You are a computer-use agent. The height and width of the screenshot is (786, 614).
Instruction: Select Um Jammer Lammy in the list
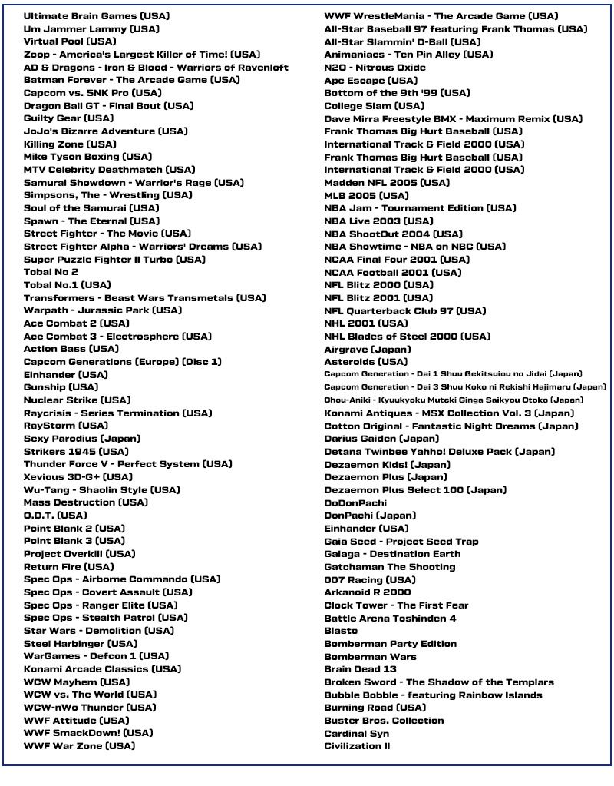click(x=91, y=29)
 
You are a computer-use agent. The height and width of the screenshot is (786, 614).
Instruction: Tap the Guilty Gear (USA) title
click(x=68, y=118)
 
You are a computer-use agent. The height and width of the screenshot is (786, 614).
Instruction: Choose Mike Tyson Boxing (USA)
click(x=87, y=157)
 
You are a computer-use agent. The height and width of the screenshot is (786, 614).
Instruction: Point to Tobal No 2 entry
click(x=51, y=272)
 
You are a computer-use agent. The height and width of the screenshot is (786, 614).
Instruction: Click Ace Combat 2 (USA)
click(x=76, y=323)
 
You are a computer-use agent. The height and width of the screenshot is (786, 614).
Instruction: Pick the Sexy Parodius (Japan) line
click(x=81, y=439)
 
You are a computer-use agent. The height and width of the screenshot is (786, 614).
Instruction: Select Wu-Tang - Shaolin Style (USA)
click(x=101, y=489)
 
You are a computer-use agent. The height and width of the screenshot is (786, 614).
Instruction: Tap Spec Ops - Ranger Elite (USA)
click(x=101, y=605)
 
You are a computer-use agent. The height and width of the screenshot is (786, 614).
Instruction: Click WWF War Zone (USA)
click(x=84, y=746)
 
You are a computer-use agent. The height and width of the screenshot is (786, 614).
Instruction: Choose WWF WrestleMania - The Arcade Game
click(x=441, y=16)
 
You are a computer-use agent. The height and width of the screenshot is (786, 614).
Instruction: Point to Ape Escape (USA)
click(x=371, y=80)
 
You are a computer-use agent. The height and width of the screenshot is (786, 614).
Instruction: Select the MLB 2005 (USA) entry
click(x=366, y=195)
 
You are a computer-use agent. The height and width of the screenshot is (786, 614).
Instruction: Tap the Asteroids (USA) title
click(x=365, y=362)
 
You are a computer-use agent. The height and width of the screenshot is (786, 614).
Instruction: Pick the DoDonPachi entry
click(x=355, y=502)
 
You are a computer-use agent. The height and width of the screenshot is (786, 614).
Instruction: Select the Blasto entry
click(x=341, y=631)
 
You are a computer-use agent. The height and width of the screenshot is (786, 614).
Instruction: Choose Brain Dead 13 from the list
click(x=360, y=669)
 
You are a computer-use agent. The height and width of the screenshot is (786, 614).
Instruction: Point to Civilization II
click(x=357, y=746)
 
